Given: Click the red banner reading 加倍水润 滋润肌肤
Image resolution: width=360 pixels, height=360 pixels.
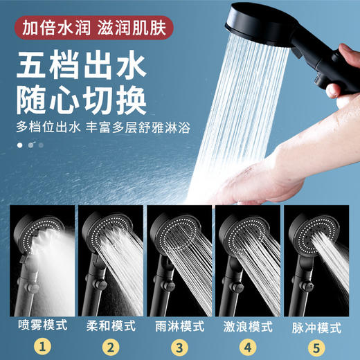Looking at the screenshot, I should pyautogui.click(x=93, y=30).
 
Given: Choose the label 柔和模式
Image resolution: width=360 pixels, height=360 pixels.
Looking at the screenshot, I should pyautogui.click(x=110, y=325).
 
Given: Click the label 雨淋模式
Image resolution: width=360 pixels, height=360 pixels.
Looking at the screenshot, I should pyautogui.click(x=179, y=325).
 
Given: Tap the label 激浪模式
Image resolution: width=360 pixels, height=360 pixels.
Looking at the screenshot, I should pyautogui.click(x=248, y=325).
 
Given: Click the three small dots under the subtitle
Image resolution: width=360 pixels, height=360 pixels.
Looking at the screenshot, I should pyautogui.click(x=30, y=145).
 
